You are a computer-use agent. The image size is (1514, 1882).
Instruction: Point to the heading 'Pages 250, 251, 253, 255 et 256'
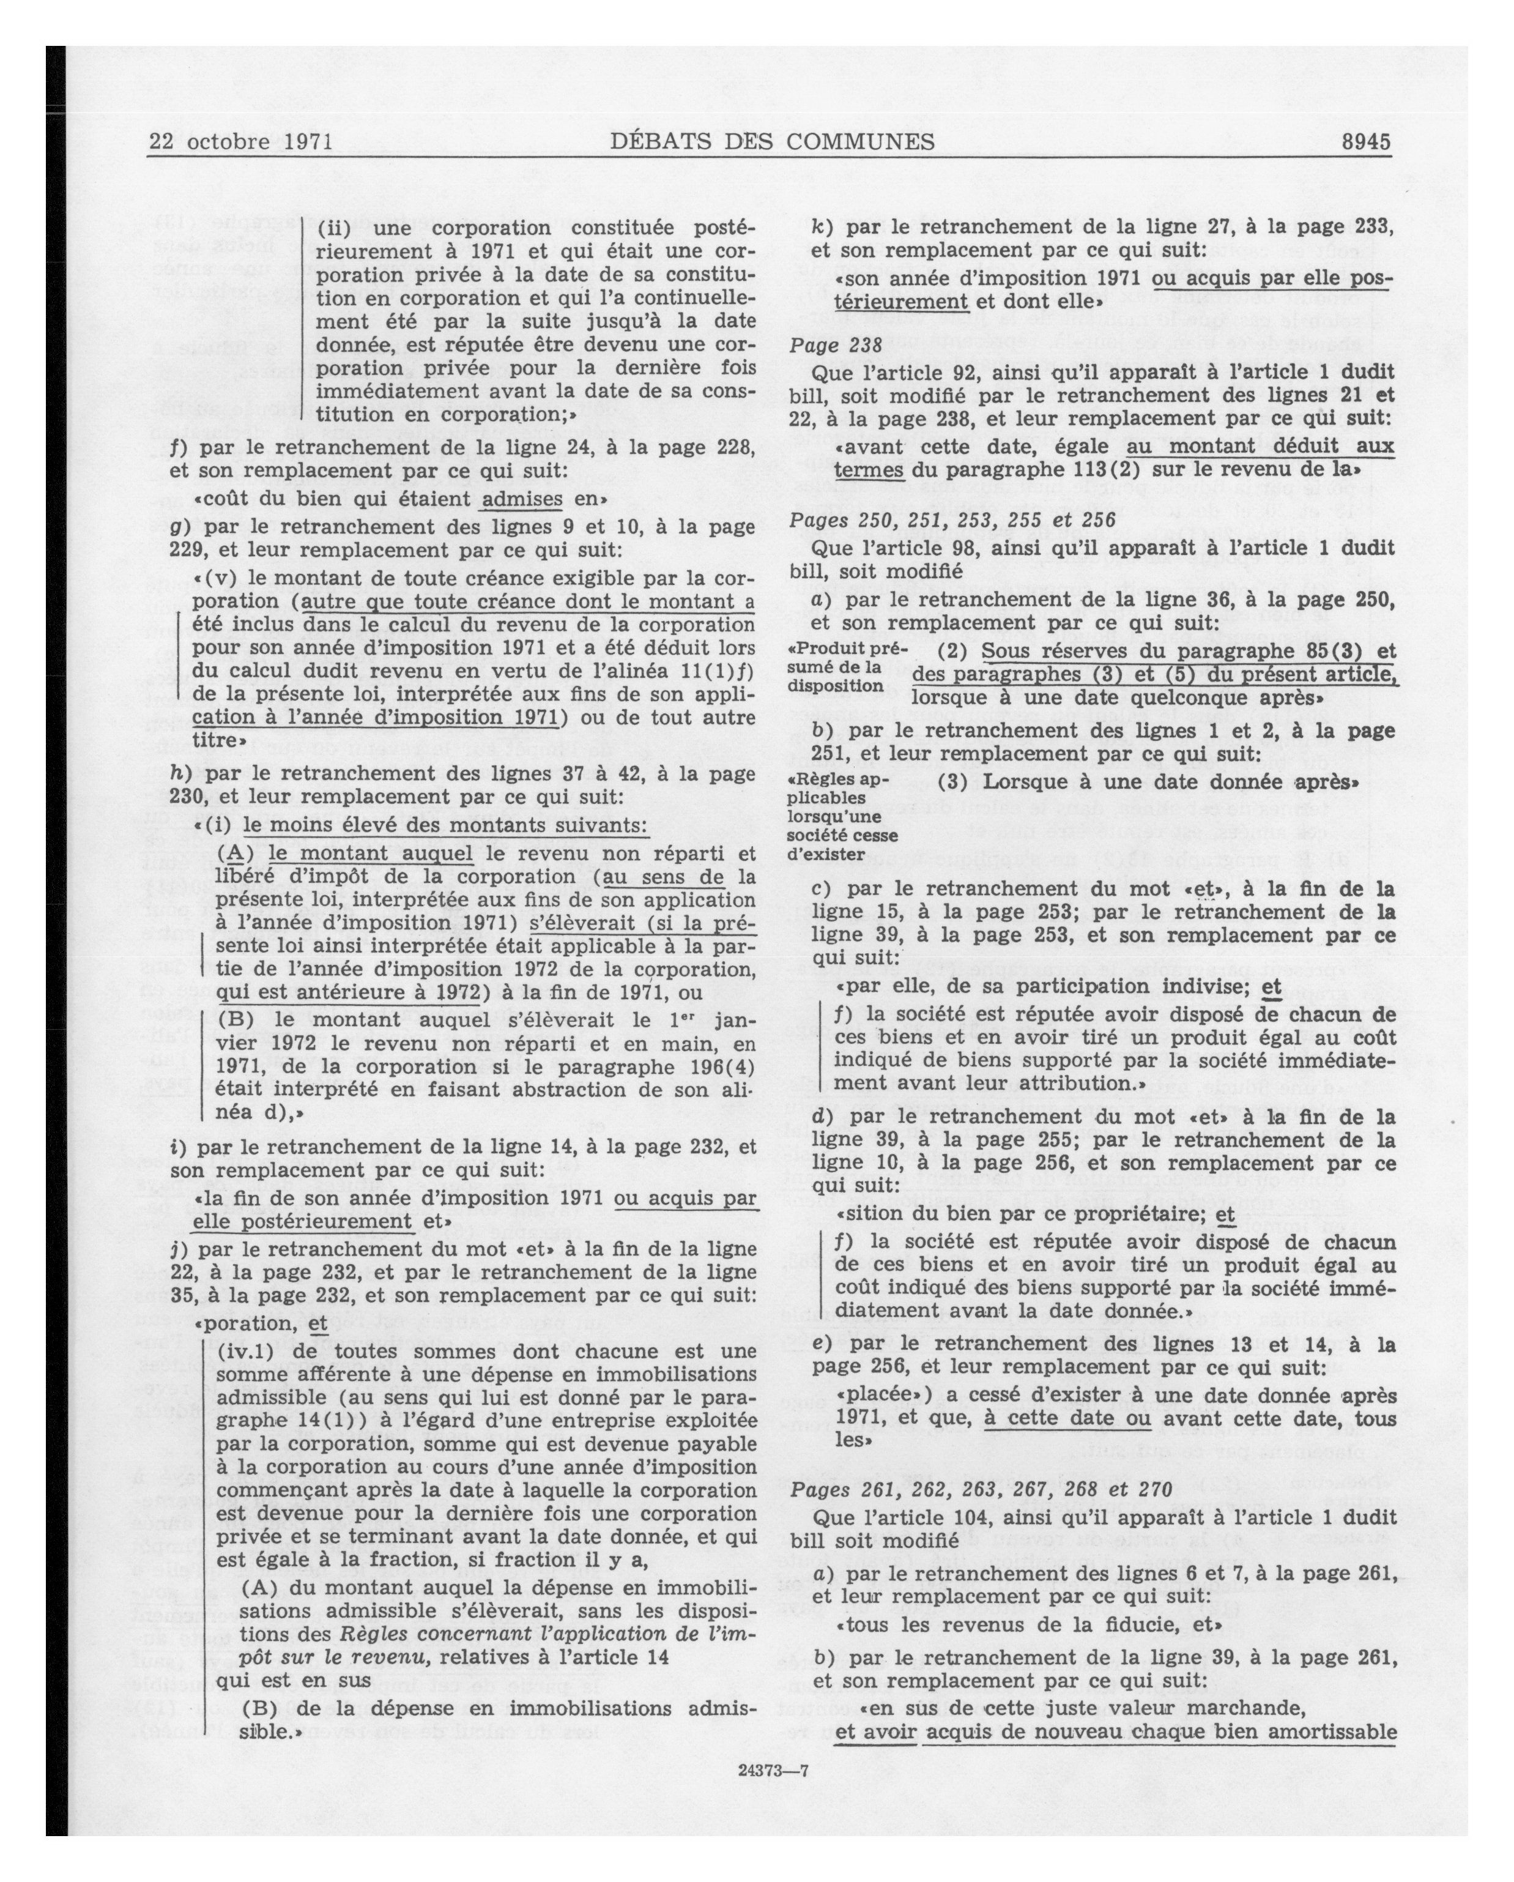[953, 520]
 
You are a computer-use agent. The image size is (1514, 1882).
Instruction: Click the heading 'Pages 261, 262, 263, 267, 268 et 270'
[982, 1489]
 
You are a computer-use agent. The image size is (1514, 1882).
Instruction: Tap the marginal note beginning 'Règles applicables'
[842, 816]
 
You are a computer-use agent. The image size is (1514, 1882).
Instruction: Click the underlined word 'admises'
[522, 499]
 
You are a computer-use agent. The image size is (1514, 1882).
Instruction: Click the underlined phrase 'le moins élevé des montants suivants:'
[446, 826]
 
